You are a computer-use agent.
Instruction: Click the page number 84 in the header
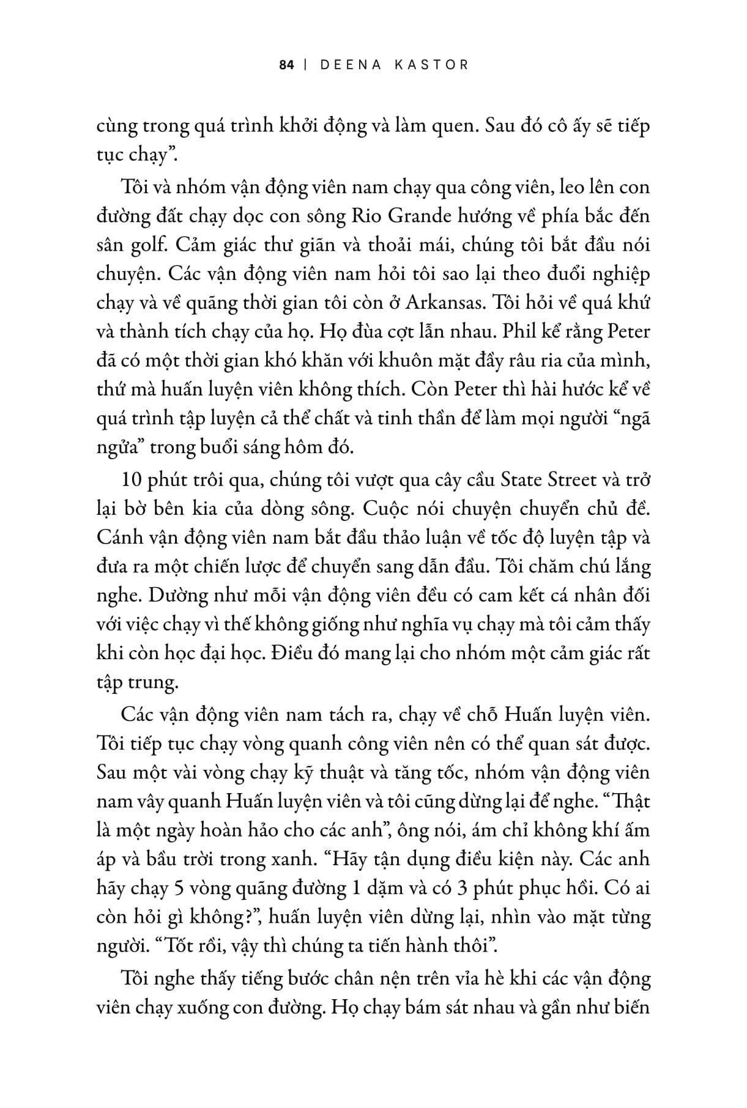pyautogui.click(x=287, y=64)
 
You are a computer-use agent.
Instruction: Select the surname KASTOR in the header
pyautogui.click(x=434, y=64)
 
